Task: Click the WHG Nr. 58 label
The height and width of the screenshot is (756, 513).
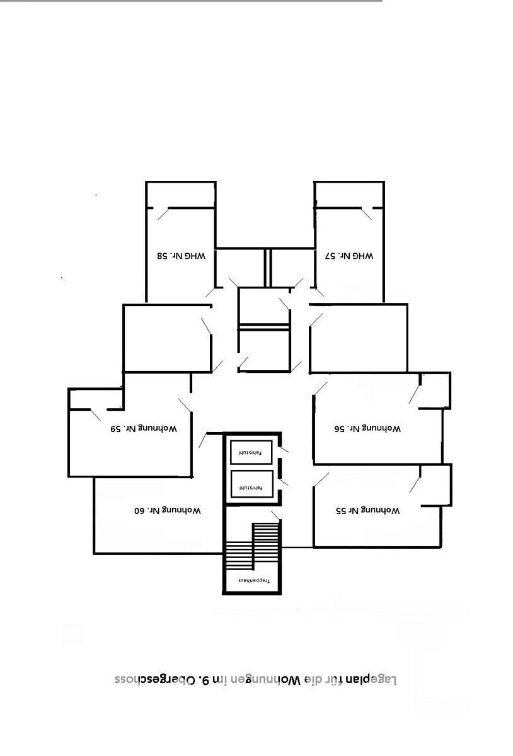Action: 182,256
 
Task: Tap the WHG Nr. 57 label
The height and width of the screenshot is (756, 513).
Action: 349,256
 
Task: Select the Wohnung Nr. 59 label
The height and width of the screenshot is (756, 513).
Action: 144,429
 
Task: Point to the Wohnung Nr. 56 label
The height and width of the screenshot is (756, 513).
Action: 368,429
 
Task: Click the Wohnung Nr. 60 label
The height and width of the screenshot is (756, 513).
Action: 168,510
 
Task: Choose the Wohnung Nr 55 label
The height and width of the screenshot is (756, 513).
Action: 368,510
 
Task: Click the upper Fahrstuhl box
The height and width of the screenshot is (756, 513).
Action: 251,452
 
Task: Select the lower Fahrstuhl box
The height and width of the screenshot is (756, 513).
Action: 251,484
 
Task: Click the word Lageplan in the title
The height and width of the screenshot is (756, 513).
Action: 373,680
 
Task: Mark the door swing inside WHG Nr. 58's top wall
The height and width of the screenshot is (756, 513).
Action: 163,214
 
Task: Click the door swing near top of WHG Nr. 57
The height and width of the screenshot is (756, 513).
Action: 366,214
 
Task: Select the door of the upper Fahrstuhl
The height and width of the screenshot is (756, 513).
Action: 284,450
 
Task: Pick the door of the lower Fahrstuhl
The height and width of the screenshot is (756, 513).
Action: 284,483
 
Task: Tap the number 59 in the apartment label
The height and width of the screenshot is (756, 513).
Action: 116,429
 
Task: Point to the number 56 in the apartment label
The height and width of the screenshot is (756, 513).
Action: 340,429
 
